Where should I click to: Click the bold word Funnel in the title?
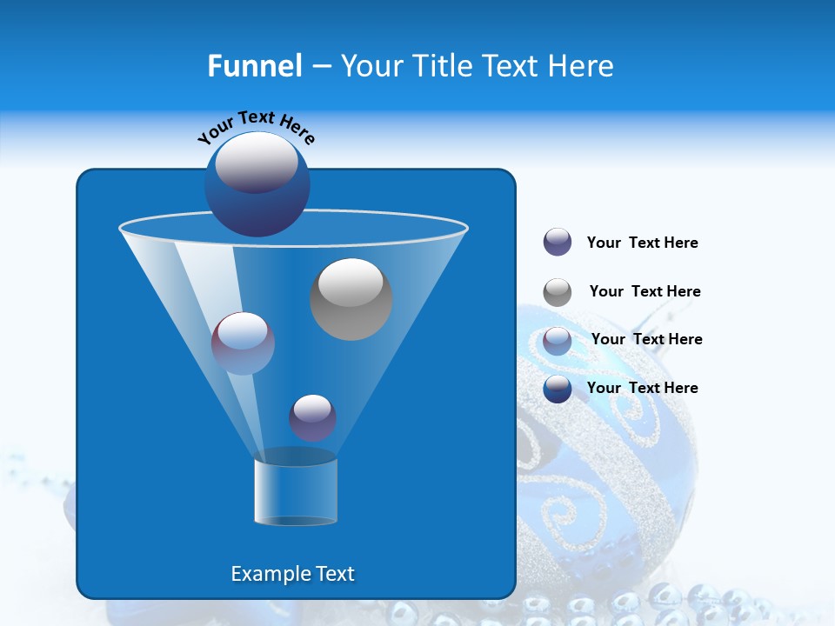[255, 66]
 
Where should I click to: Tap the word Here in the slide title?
[580, 66]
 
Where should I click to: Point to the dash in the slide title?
[320, 67]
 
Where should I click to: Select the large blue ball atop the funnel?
[257, 183]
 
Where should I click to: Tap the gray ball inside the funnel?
[351, 298]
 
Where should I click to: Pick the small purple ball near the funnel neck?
[312, 417]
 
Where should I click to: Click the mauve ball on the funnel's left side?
[243, 343]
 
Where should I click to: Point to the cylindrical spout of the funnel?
[295, 490]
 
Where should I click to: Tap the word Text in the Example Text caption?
[333, 574]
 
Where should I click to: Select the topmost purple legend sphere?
[558, 242]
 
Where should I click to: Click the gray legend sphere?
[558, 291]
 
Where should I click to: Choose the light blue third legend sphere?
[558, 340]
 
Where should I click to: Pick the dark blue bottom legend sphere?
[558, 389]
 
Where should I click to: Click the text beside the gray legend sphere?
[645, 291]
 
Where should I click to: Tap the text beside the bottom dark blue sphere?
[642, 388]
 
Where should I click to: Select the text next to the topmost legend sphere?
[642, 243]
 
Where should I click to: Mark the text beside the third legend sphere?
[646, 339]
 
